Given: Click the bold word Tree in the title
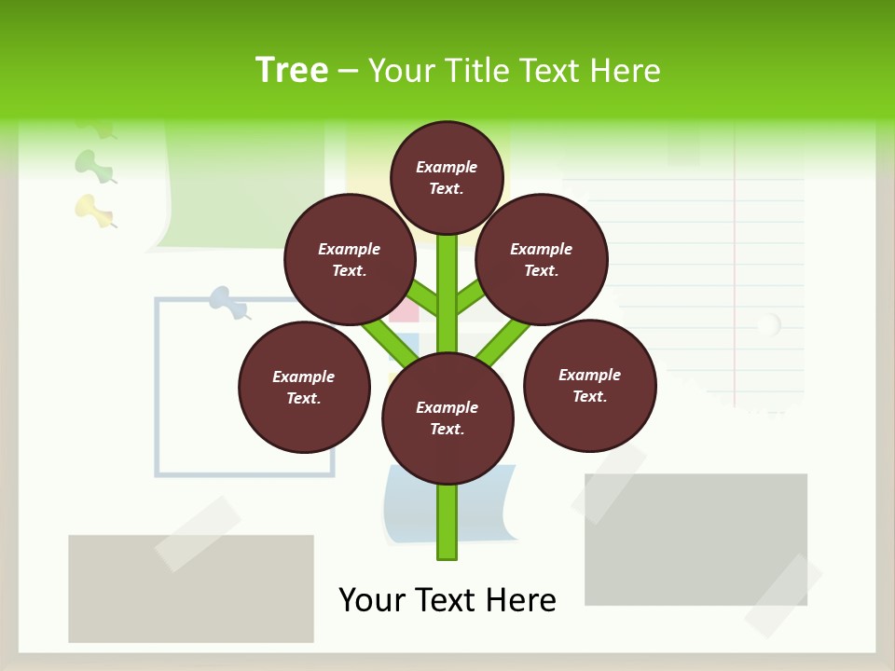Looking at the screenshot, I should pyautogui.click(x=292, y=70).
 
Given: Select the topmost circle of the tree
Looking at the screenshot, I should pyautogui.click(x=447, y=177).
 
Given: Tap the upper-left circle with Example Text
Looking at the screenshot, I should pyautogui.click(x=350, y=260).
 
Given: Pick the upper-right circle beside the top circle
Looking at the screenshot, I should pyautogui.click(x=542, y=260).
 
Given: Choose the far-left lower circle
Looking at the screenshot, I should pyautogui.click(x=304, y=388).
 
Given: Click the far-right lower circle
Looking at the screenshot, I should pyautogui.click(x=590, y=386).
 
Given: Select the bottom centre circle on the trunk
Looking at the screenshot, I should pyautogui.click(x=447, y=418).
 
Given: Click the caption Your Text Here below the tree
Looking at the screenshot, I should pyautogui.click(x=447, y=600).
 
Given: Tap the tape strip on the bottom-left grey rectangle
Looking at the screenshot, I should pyautogui.click(x=198, y=533).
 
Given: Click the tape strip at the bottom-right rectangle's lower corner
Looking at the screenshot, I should pyautogui.click(x=783, y=596).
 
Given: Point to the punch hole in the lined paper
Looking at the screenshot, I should pyautogui.click(x=768, y=325).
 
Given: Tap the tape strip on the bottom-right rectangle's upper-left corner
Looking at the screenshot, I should pyautogui.click(x=610, y=483).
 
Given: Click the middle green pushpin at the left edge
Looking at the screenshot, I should pyautogui.click(x=94, y=166).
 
